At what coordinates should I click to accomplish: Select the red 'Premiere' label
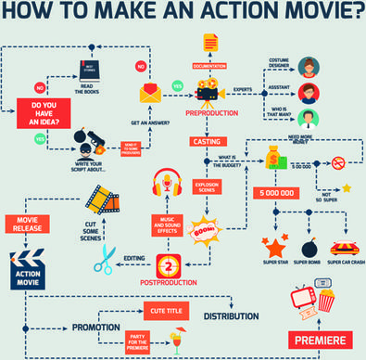point(321,338)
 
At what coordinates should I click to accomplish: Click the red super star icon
point(274,248)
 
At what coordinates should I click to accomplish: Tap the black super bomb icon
point(309,248)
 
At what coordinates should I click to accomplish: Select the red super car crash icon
point(344,248)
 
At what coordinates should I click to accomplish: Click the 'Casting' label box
point(206,142)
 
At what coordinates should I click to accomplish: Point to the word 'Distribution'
point(231,316)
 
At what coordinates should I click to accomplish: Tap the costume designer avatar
point(312,67)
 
